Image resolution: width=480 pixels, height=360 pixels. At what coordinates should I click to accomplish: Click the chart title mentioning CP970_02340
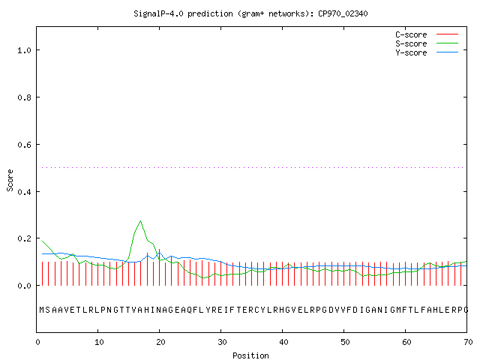pos(250,13)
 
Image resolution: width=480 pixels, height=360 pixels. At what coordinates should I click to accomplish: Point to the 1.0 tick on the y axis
pos(24,50)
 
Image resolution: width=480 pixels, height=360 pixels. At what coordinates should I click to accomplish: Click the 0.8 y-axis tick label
pos(24,97)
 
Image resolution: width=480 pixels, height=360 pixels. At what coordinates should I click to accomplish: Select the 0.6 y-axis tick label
pos(24,145)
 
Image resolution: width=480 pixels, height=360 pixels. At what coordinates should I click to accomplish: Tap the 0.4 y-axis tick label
pos(24,192)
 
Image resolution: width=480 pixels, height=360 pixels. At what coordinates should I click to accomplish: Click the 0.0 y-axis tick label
pos(24,286)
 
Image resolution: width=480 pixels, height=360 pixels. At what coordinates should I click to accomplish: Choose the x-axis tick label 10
pos(99,342)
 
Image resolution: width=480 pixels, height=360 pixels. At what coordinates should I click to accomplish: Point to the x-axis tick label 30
pos(222,342)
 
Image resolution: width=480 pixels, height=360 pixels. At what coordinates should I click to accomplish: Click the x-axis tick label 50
pos(345,342)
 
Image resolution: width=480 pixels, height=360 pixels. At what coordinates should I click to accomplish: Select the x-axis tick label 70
pos(468,342)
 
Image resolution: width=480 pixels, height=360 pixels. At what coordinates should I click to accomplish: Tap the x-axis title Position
pos(250,355)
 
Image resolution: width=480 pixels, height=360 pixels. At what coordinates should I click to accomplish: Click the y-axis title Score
pos(10,180)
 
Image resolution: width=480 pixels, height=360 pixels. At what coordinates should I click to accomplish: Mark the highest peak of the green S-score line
pos(140,220)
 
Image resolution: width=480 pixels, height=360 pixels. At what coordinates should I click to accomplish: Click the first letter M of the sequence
pos(42,310)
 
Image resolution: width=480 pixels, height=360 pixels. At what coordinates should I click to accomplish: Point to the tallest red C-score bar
pos(159,267)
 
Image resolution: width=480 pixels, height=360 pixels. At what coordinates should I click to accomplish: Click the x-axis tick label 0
pos(37,342)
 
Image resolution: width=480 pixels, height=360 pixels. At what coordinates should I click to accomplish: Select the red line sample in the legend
pos(447,34)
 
